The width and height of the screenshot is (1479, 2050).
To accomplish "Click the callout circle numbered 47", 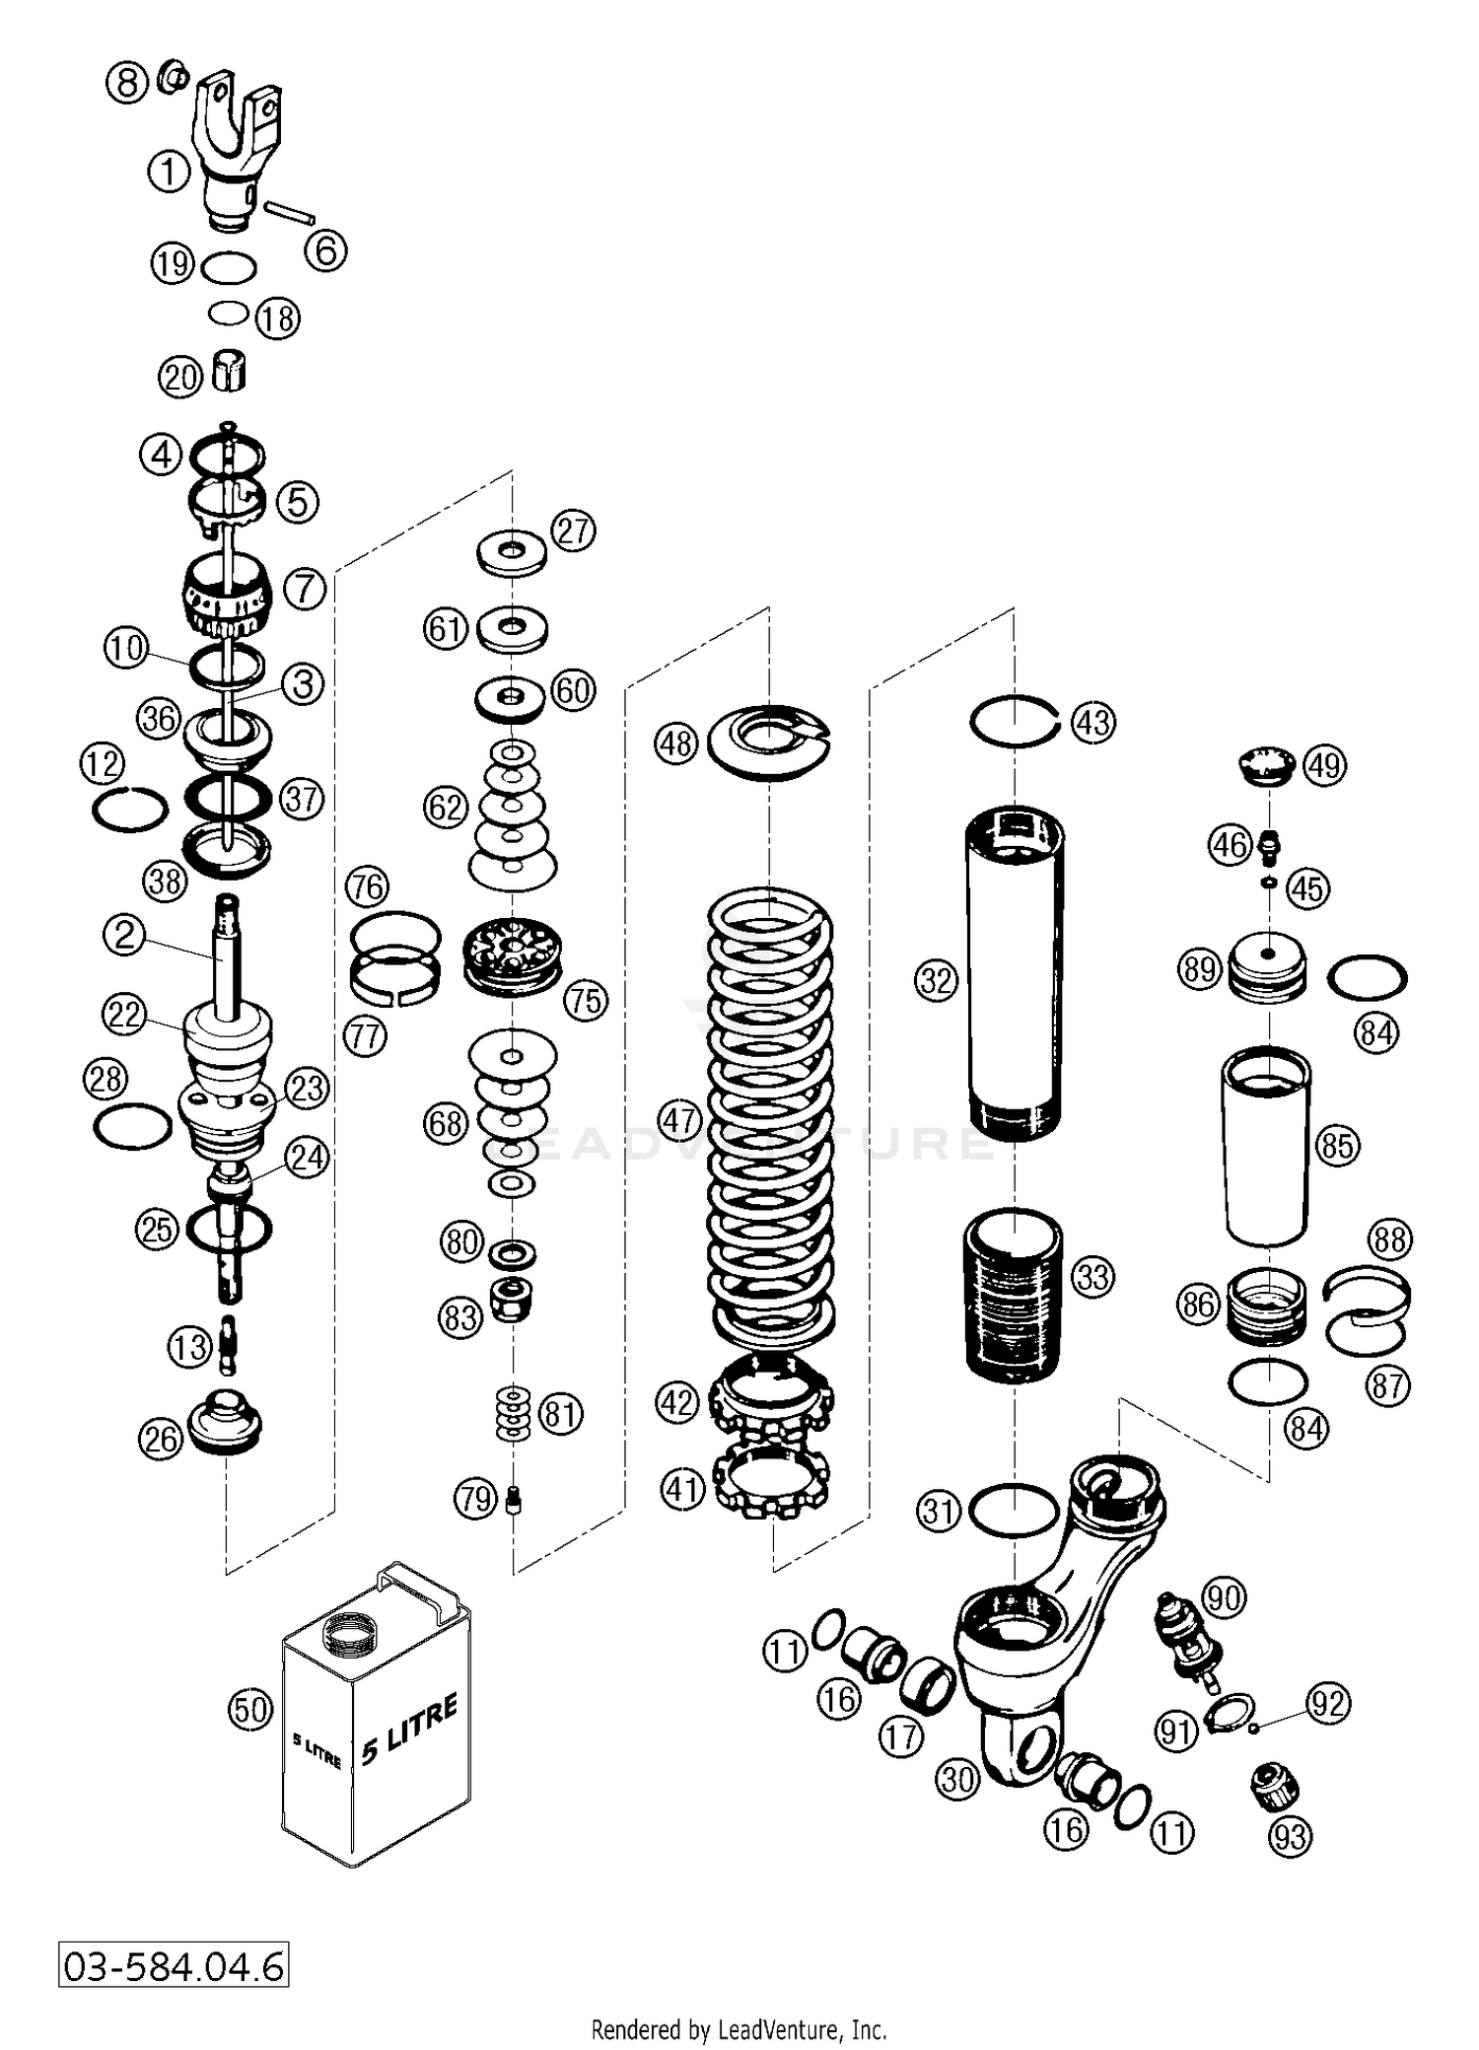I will tap(677, 1121).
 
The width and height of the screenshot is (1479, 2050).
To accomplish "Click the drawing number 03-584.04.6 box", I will tap(174, 1965).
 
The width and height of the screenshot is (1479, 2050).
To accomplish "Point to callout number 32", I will tap(937, 980).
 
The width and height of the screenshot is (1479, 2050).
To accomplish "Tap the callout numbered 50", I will tap(249, 1709).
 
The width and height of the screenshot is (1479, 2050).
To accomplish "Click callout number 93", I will tap(1290, 1837).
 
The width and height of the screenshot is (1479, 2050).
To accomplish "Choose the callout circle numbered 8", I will tap(127, 82).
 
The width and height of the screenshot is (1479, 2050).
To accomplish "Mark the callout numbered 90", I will tap(1224, 1596).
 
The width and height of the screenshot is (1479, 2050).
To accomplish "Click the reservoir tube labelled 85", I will tap(1266, 1146).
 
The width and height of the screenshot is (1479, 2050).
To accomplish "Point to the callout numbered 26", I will tap(160, 1439).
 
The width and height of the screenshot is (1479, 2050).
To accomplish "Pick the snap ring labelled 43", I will tap(1014, 722).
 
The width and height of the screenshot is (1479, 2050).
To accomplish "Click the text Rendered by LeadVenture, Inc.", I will tap(739, 2029).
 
